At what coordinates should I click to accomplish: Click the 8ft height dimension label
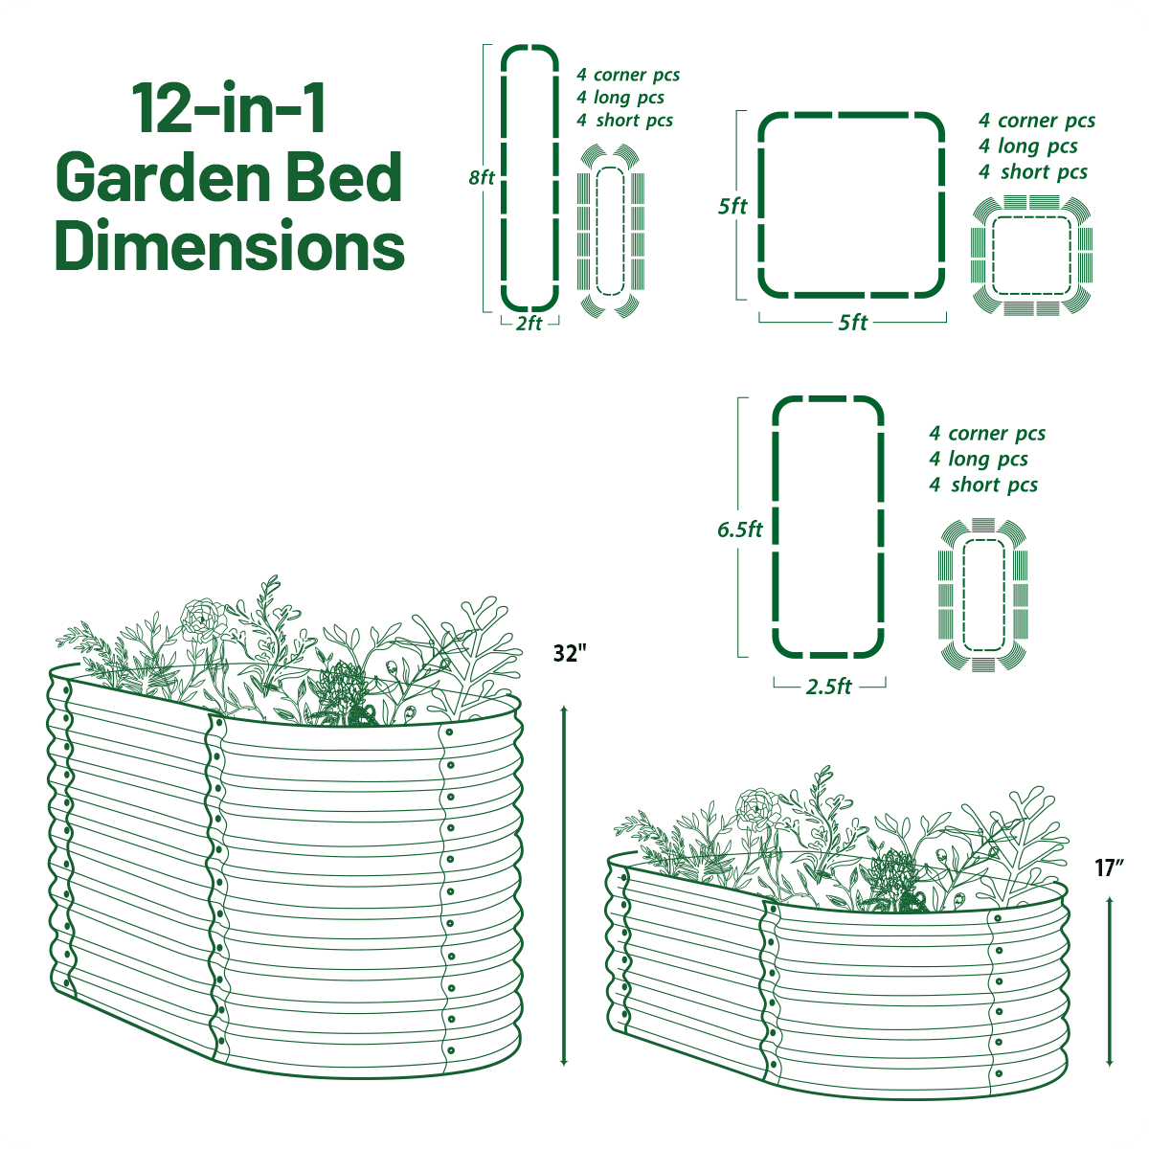482,178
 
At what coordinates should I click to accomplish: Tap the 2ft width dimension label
529,324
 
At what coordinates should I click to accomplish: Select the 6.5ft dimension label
740,529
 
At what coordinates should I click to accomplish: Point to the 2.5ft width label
829,687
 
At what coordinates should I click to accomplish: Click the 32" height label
569,654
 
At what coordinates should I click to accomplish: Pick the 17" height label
1109,868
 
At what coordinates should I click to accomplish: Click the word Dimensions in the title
230,246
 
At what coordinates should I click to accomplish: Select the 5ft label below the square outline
852,323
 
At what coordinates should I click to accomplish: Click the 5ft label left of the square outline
732,206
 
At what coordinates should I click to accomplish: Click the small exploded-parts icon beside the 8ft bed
610,231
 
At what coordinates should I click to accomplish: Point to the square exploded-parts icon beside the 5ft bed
1031,256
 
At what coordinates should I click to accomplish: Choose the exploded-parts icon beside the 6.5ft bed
982,594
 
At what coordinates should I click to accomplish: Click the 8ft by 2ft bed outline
529,177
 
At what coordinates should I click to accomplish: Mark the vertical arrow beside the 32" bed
564,886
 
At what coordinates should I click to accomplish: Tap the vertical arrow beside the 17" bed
1109,981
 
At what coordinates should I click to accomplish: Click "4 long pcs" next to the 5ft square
1028,146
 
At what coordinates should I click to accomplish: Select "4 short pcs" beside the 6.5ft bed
983,485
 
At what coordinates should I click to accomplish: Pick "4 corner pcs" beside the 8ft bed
628,75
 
